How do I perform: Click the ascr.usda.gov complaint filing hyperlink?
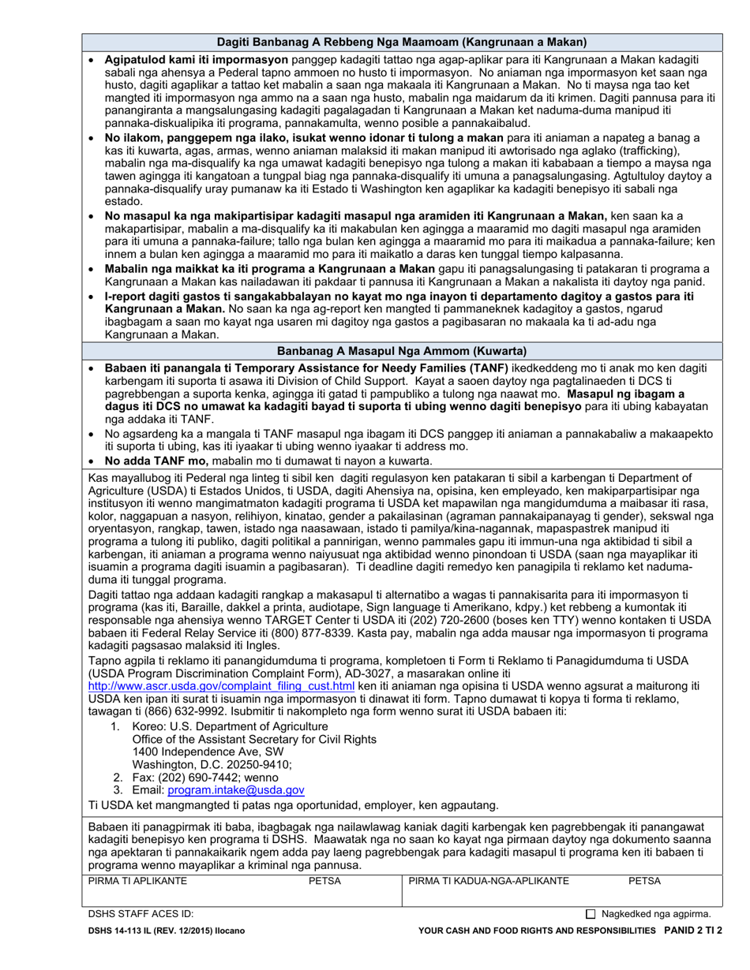(x=221, y=686)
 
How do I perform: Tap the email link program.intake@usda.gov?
(x=236, y=789)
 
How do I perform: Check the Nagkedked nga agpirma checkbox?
(x=591, y=914)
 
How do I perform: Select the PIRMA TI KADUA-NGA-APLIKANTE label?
(x=489, y=881)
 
